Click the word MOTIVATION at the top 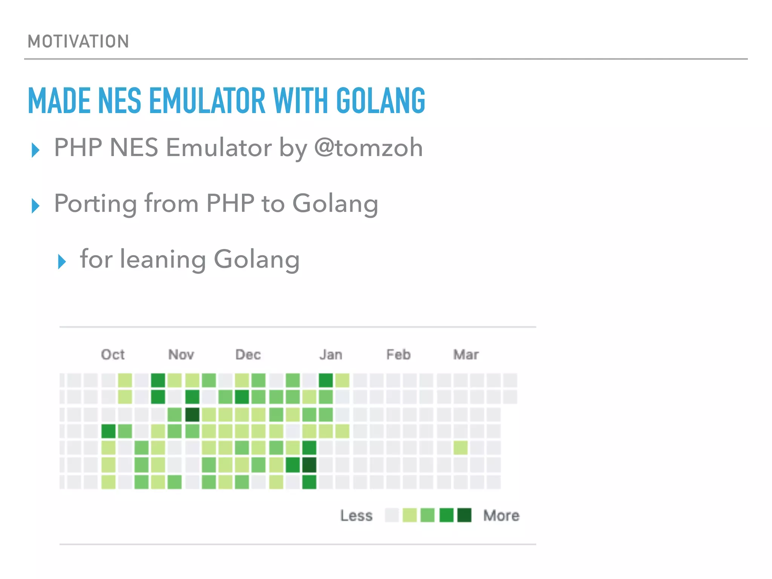click(78, 41)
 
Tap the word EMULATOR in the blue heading click(207, 101)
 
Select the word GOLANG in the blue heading click(380, 101)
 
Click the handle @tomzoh click(368, 147)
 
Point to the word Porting click(95, 204)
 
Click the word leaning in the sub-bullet click(162, 259)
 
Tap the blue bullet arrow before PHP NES click(35, 150)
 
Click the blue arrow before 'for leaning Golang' click(62, 262)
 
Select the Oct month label click(113, 355)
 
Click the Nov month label click(181, 355)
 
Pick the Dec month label click(248, 355)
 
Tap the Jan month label click(331, 355)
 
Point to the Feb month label click(398, 355)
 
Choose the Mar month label click(466, 355)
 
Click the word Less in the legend click(356, 516)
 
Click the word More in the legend click(501, 516)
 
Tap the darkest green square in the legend click(464, 515)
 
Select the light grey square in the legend click(392, 515)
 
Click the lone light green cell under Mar click(461, 448)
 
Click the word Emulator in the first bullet click(219, 147)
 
